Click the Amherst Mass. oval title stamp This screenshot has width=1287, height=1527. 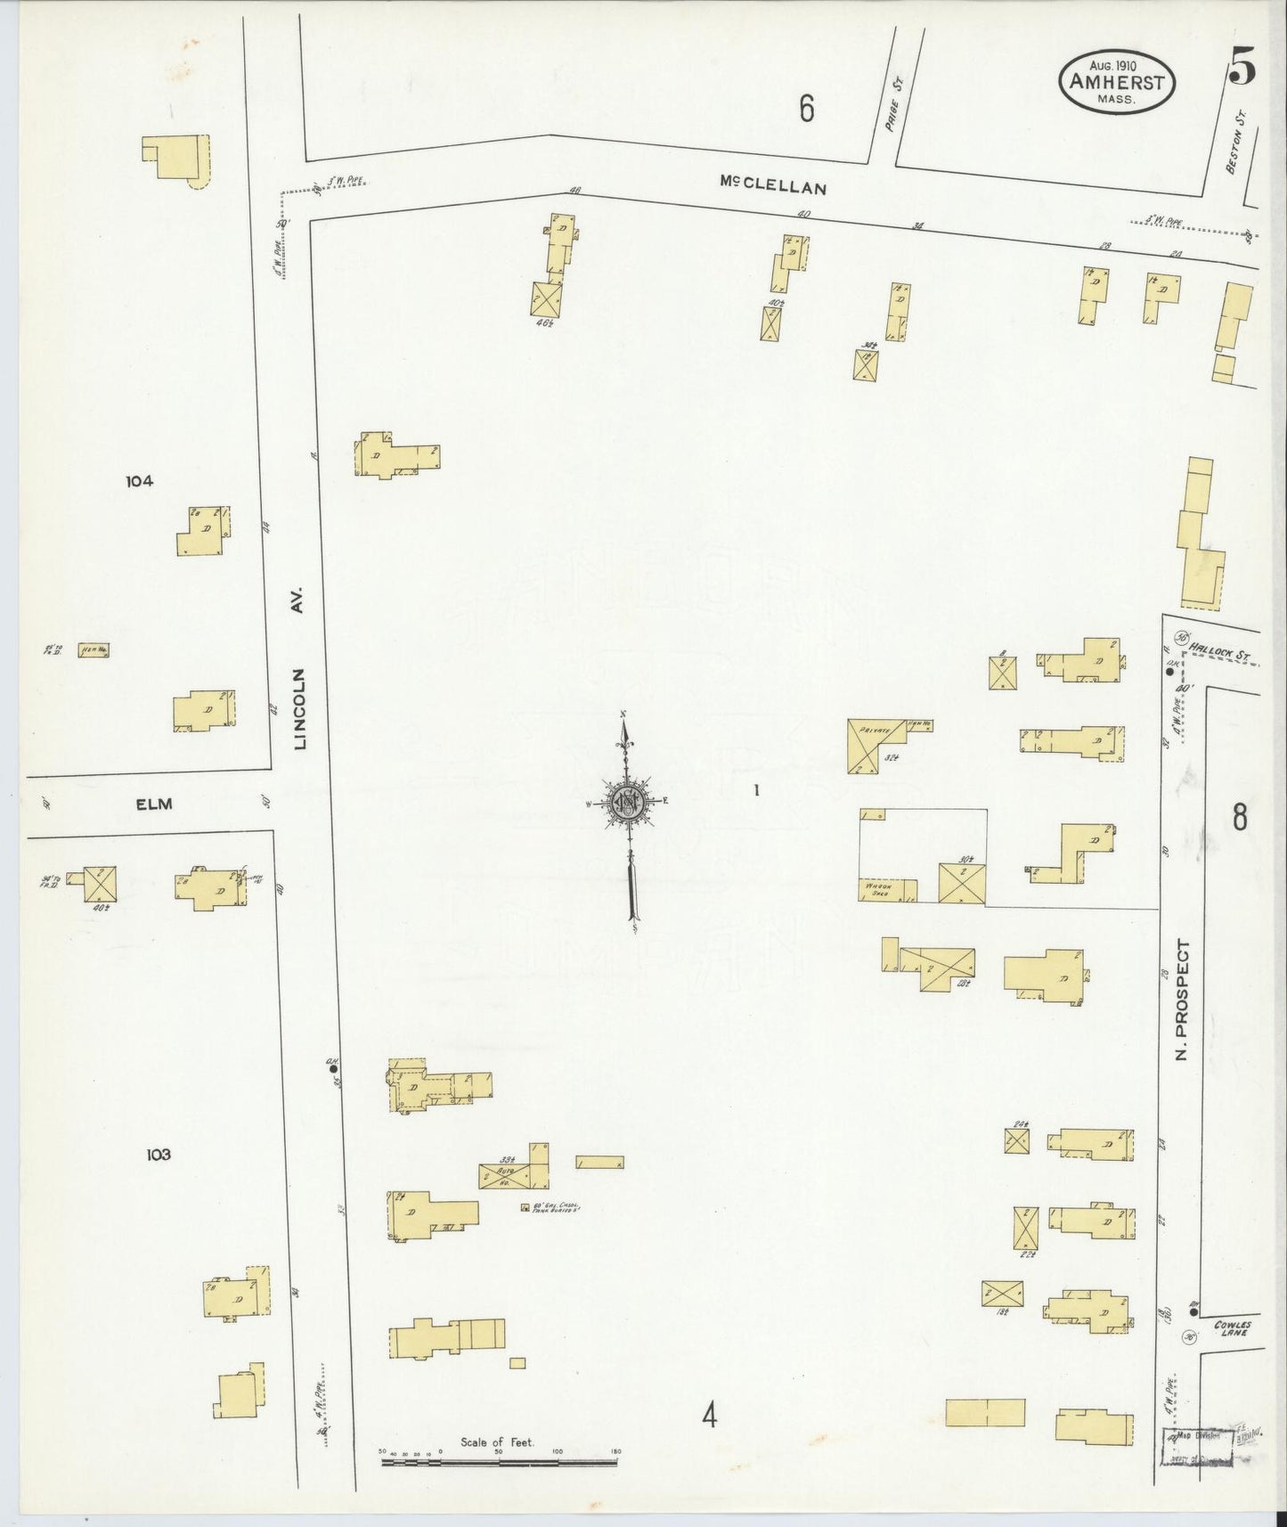[1116, 86]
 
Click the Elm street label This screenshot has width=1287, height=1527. [153, 804]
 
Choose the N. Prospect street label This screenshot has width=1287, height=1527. [1183, 1001]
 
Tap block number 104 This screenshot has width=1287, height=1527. [139, 481]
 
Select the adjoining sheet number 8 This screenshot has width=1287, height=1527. [1240, 818]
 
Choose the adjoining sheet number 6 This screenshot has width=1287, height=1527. [806, 109]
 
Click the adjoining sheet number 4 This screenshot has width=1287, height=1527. [709, 1415]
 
